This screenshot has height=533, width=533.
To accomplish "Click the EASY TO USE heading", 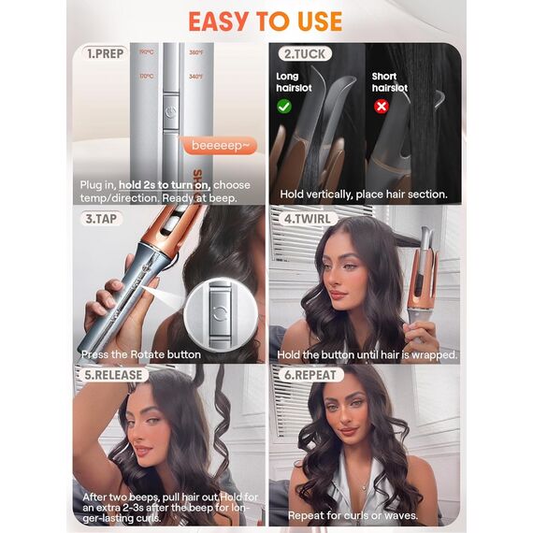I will [266, 20].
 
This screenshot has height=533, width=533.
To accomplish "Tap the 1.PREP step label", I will [106, 53].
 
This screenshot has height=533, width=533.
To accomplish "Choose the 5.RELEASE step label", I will [112, 375].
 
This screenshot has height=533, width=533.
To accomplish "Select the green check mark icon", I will [284, 107].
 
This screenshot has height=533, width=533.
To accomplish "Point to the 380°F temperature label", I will [195, 53].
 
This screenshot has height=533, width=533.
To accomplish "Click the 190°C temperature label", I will [146, 53].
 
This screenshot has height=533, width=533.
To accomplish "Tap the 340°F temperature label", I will [195, 76].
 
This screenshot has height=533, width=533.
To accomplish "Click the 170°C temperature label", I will [146, 76].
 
